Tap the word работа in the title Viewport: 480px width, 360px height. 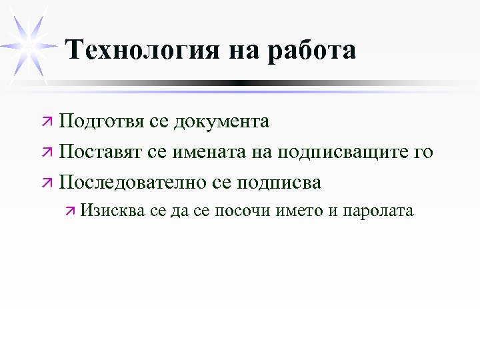312,50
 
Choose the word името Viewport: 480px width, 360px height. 295,211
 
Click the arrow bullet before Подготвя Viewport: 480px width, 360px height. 47,123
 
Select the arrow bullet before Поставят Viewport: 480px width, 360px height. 47,153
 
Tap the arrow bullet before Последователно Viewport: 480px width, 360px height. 47,183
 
